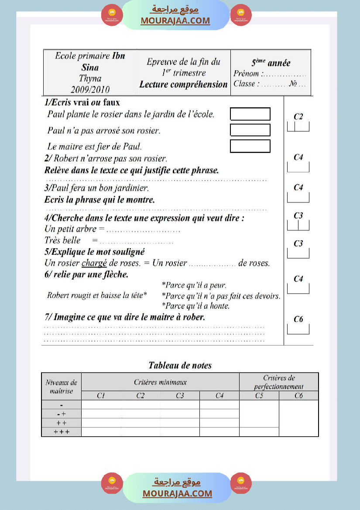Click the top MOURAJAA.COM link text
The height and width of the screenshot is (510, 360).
(175, 21)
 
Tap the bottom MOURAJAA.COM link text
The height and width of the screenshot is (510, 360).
(177, 493)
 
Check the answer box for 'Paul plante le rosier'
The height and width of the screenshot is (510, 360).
(250, 114)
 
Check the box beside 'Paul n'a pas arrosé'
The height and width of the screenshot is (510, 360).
(250, 130)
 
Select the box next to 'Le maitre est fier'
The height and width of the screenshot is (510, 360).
(250, 146)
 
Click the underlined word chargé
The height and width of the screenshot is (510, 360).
(94, 263)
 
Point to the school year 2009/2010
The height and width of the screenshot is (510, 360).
(90, 89)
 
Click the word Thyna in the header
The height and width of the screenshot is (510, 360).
(90, 79)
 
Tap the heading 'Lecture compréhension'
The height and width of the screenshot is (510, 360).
(183, 84)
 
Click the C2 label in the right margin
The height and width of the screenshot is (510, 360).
(298, 116)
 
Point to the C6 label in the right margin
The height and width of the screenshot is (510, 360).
(298, 319)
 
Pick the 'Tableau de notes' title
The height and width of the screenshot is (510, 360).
(180, 365)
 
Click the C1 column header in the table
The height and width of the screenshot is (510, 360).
(101, 396)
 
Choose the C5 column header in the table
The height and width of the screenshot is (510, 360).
(259, 396)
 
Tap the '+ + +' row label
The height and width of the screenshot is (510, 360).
(61, 432)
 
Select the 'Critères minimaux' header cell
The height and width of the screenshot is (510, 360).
(160, 382)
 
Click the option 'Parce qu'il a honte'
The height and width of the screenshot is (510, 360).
(195, 306)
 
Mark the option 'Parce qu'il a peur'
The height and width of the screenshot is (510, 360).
(194, 285)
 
